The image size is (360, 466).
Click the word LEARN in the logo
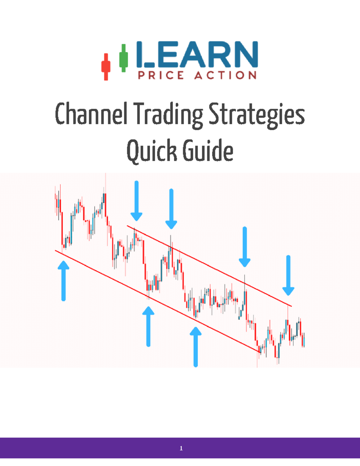(x=197, y=55)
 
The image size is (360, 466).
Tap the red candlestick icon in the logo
(x=106, y=67)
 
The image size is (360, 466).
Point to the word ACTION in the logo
(x=225, y=75)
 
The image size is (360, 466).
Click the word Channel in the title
(x=91, y=114)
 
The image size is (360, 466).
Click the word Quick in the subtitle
(x=151, y=151)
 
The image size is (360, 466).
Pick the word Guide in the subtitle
(x=208, y=151)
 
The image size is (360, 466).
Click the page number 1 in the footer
(x=181, y=448)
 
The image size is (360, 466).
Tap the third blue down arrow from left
(x=244, y=247)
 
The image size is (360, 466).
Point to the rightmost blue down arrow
(x=288, y=275)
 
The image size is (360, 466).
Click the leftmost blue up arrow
(x=63, y=281)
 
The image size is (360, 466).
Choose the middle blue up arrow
(x=148, y=326)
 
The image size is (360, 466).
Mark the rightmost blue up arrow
(x=196, y=347)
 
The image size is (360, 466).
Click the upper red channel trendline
(x=210, y=266)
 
